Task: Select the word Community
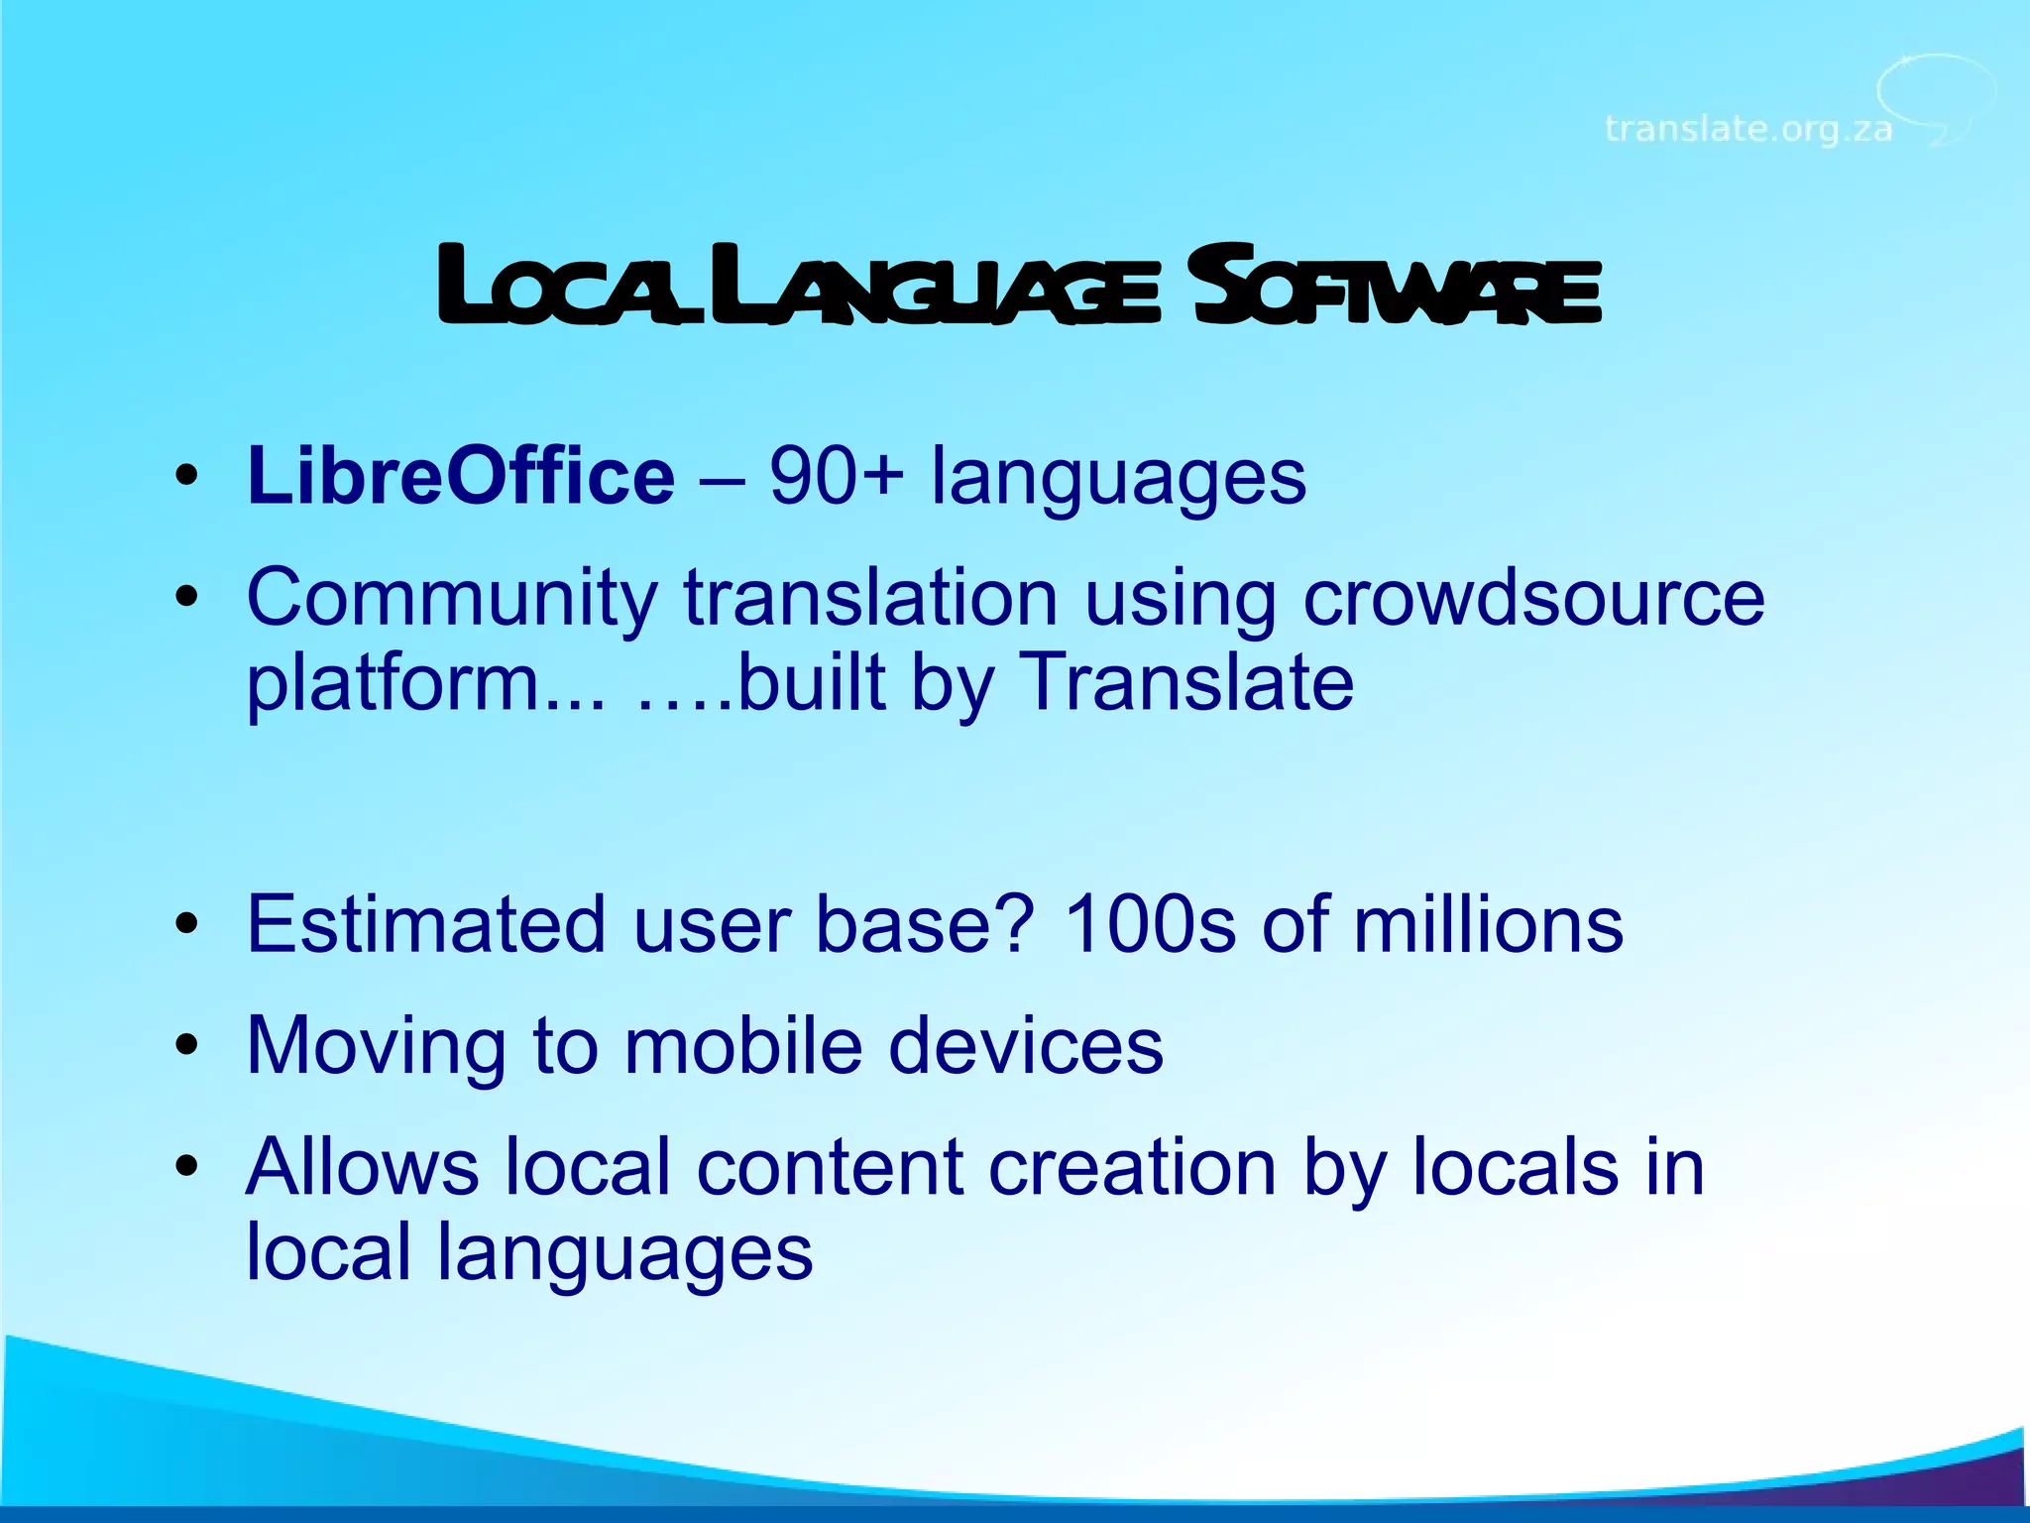coord(452,598)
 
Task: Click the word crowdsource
coord(1533,598)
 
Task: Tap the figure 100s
coord(1149,924)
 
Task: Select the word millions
coord(1488,924)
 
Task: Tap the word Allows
coord(363,1167)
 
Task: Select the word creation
coord(1132,1167)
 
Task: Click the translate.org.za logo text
coord(1748,129)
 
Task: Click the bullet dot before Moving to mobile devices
coord(186,1046)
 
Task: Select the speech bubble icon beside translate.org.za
coord(1936,99)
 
